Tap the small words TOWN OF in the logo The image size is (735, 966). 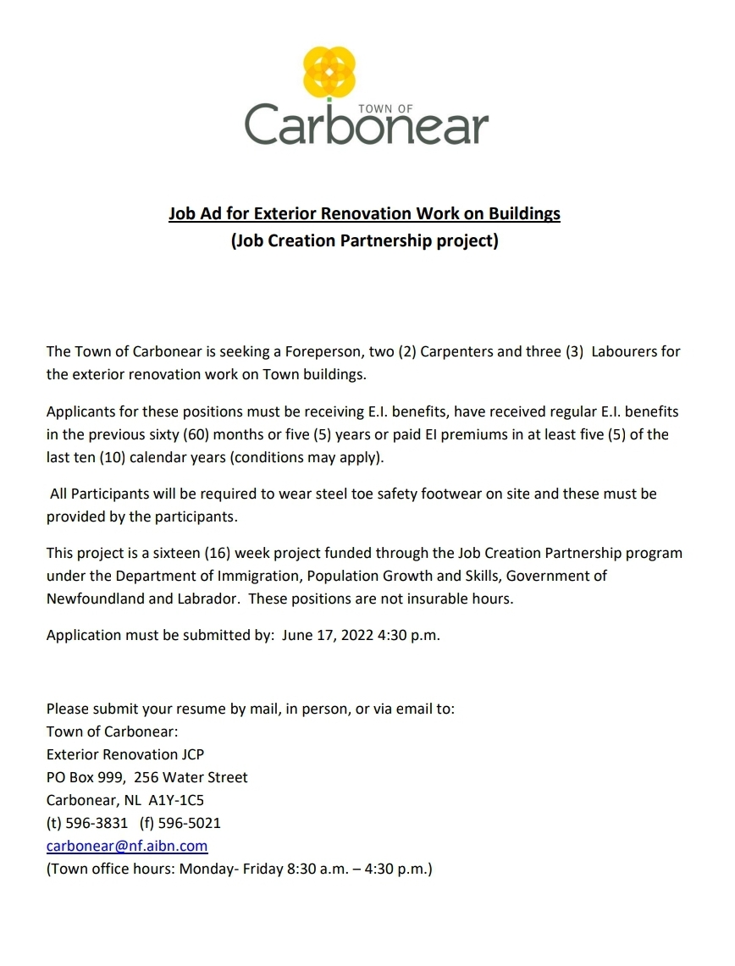385,109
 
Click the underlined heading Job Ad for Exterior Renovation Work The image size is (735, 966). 364,213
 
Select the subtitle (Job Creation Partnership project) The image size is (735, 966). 364,241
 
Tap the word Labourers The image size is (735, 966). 636,351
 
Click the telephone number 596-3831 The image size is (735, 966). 97,822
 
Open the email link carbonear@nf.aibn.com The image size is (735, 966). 127,845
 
